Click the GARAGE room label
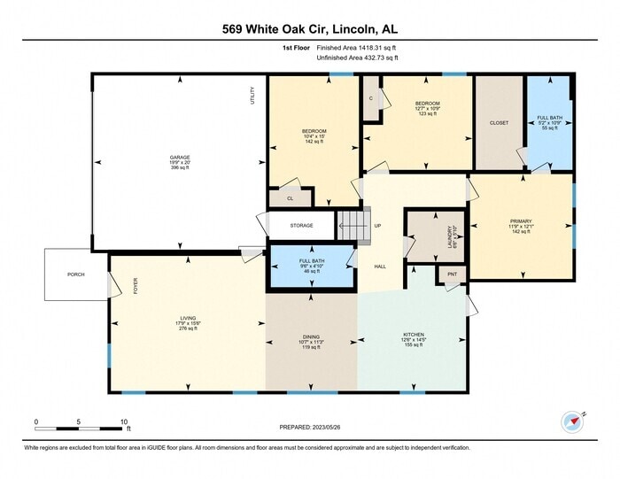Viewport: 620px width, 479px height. (x=180, y=157)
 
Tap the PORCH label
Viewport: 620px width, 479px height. (x=76, y=274)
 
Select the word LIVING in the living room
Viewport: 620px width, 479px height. (x=188, y=317)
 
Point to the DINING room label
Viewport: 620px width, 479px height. (x=312, y=336)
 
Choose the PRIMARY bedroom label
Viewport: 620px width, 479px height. (x=520, y=220)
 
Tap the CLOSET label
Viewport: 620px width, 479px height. (x=500, y=123)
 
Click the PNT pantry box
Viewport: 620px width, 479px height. (x=452, y=275)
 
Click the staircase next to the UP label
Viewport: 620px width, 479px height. (x=352, y=225)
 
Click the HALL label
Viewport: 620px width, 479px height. (x=379, y=267)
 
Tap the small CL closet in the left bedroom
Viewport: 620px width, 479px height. (x=289, y=199)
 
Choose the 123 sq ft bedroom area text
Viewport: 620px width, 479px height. (x=428, y=113)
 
